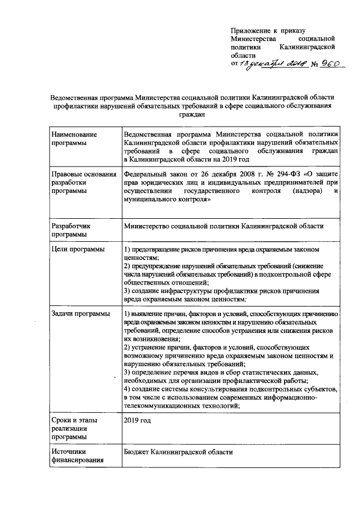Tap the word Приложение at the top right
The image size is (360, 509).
[x=251, y=30]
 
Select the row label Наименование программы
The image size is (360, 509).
[x=74, y=139]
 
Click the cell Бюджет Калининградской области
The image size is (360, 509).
[x=178, y=452]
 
